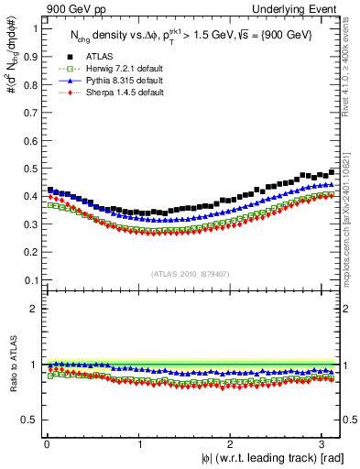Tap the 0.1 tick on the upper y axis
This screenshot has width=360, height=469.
point(29,280)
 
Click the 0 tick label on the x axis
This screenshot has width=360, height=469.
point(47,444)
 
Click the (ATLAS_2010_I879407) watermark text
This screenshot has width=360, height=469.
point(191,272)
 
